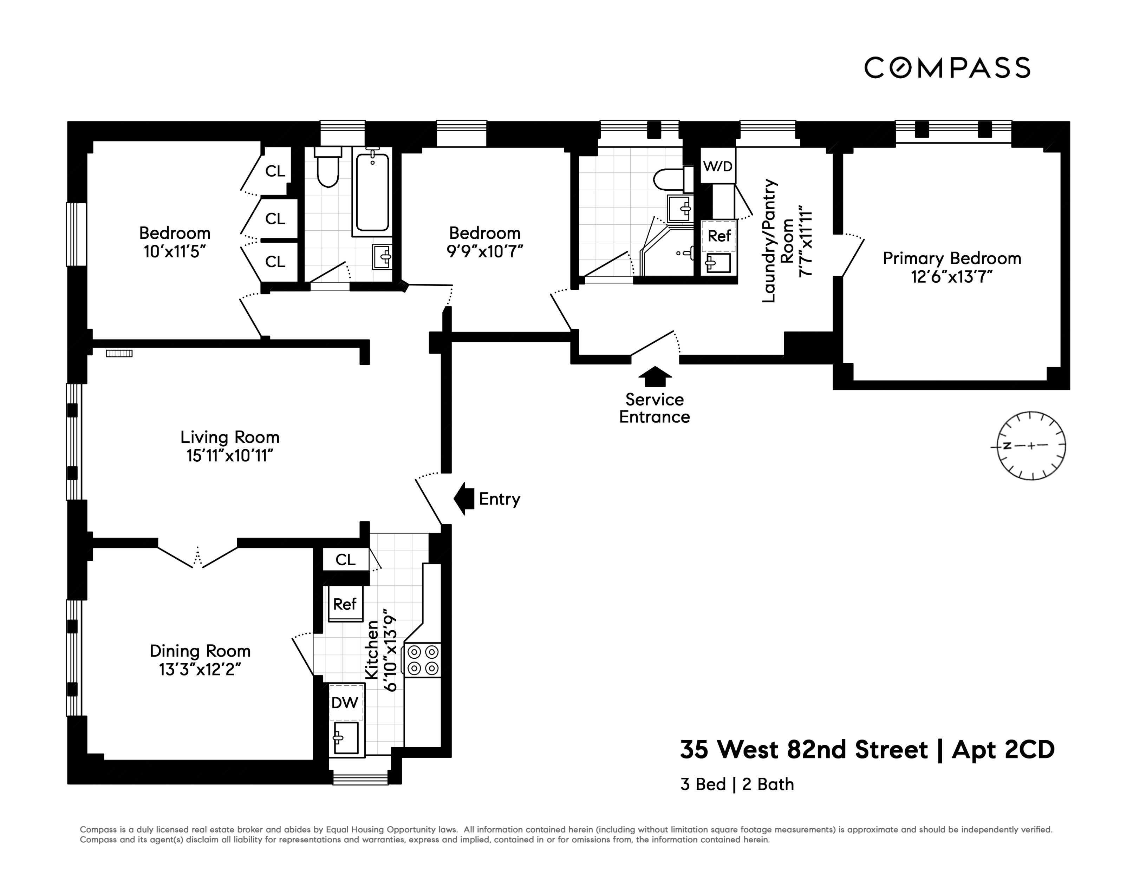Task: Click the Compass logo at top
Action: tap(947, 68)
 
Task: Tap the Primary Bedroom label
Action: tap(952, 258)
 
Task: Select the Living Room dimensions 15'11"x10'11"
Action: tap(230, 456)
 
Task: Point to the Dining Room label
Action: tap(200, 651)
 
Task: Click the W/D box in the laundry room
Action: tap(718, 166)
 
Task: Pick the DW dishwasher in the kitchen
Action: tap(345, 702)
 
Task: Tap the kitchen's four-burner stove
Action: tap(423, 660)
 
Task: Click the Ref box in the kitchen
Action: tap(345, 604)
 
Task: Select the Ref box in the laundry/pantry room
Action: tap(719, 236)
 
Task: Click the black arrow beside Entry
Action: tap(464, 498)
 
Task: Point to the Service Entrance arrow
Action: tap(655, 377)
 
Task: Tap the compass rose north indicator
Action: tap(1008, 446)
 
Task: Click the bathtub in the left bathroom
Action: tap(372, 192)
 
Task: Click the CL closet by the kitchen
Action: tap(345, 559)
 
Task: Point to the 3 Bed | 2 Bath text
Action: tap(737, 784)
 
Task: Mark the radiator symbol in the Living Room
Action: tap(119, 354)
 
